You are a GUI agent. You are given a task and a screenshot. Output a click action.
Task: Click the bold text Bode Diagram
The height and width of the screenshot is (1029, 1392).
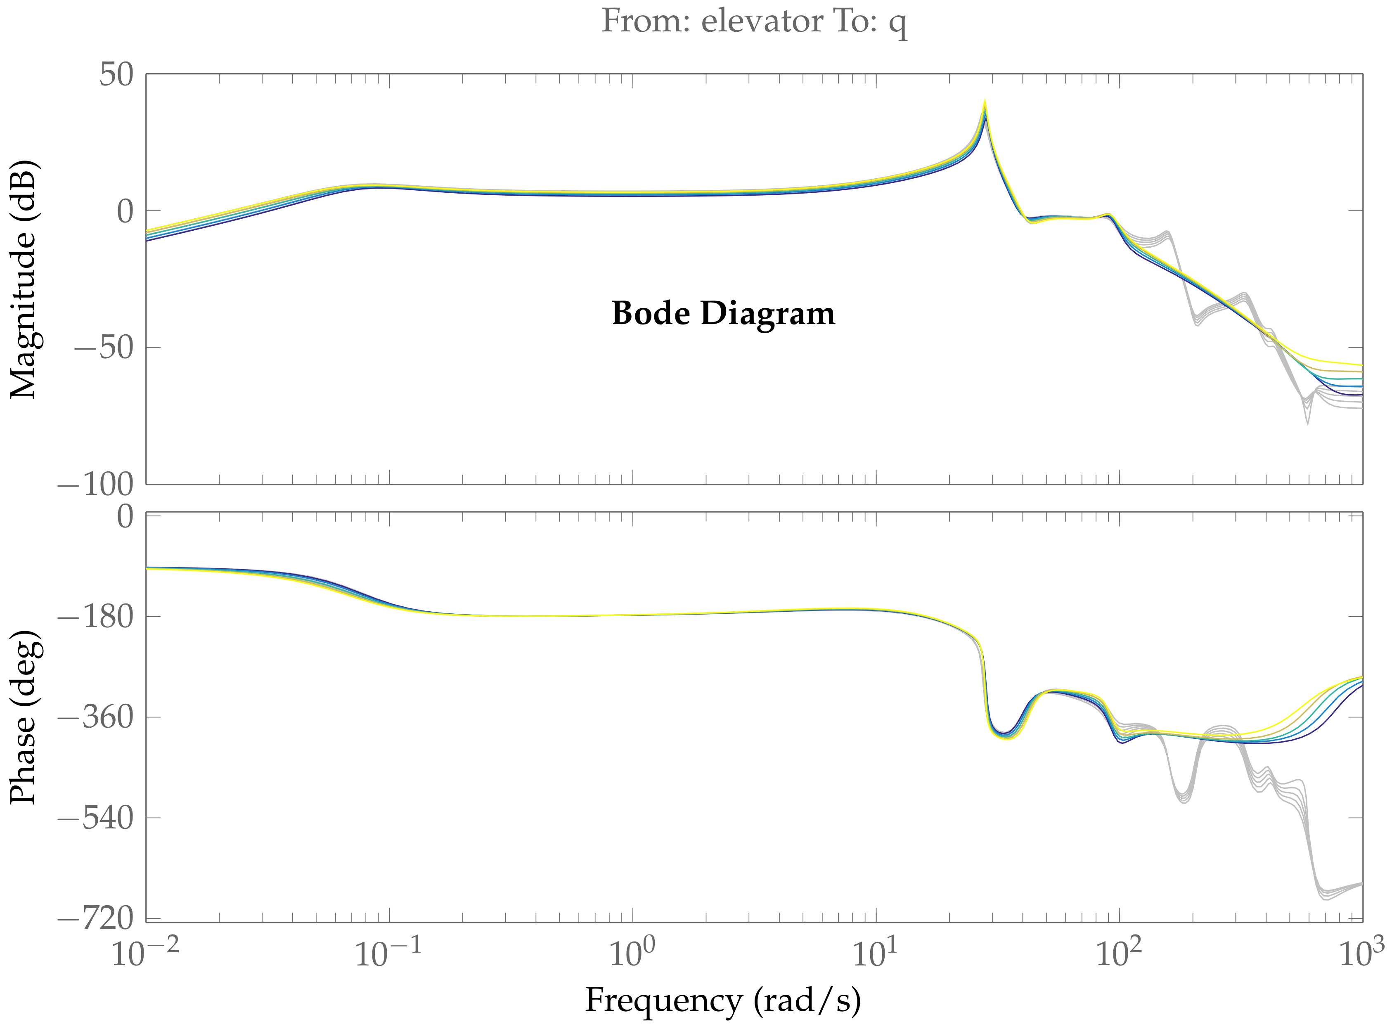pyautogui.click(x=723, y=313)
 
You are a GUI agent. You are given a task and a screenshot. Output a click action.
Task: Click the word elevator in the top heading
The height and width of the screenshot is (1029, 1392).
pyautogui.click(x=762, y=22)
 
